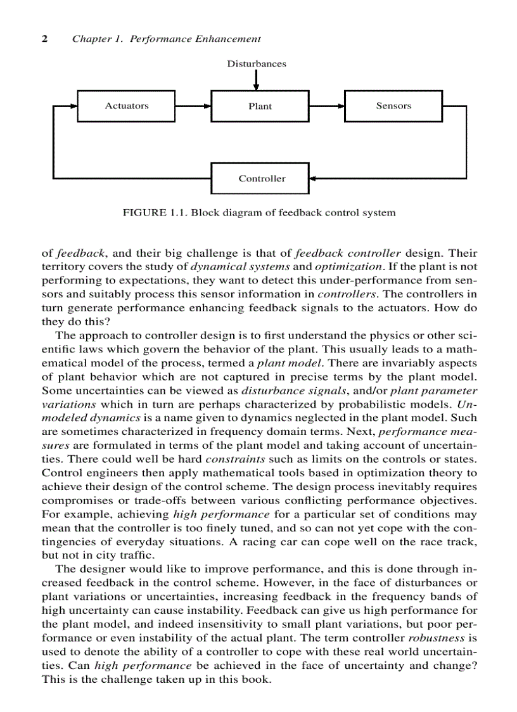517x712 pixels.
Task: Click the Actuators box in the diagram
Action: click(x=126, y=106)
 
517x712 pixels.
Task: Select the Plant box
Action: click(x=260, y=106)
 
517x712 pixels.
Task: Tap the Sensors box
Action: click(x=393, y=106)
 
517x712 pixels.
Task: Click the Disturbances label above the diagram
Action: click(x=257, y=63)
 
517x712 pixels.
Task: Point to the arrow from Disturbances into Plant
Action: click(x=257, y=81)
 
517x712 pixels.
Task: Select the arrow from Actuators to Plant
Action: click(x=193, y=106)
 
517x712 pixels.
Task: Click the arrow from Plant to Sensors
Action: click(x=327, y=106)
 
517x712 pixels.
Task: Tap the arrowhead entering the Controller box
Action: click(x=313, y=178)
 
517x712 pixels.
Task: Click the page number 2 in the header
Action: click(x=45, y=39)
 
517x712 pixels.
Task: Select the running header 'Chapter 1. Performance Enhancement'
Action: click(x=166, y=39)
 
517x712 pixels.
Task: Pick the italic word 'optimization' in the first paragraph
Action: click(x=343, y=266)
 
